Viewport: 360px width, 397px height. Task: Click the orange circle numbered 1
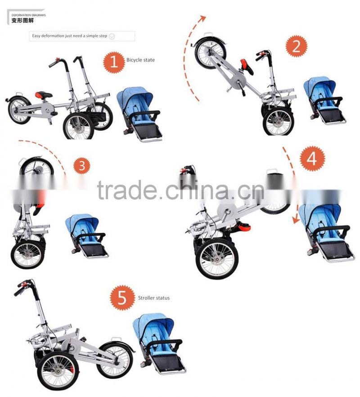114,62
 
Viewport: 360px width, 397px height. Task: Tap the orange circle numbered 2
296,47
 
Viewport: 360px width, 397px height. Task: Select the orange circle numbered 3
81,166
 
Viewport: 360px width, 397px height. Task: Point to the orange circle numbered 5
122,298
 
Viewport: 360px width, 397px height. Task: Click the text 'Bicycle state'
140,60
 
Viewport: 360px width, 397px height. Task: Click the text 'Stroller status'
154,298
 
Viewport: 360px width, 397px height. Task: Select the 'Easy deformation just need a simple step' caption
69,36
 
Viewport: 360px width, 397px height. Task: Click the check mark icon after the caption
112,36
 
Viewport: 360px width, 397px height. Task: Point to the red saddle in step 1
43,94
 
